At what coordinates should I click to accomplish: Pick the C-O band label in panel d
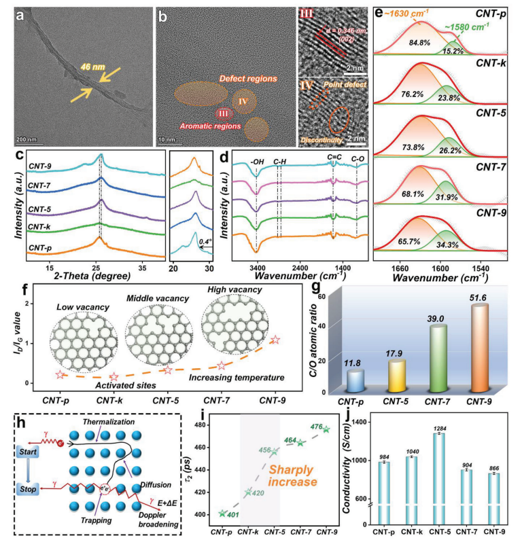point(358,162)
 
